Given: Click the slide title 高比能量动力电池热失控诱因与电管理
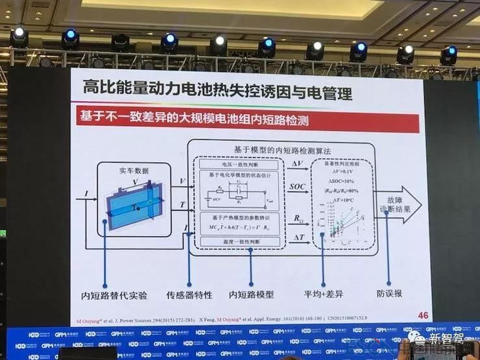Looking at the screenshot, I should tap(217, 91).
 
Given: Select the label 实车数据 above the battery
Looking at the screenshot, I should tap(134, 170).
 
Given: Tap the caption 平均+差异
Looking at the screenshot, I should tap(326, 294).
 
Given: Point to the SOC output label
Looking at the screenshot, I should tap(297, 187).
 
